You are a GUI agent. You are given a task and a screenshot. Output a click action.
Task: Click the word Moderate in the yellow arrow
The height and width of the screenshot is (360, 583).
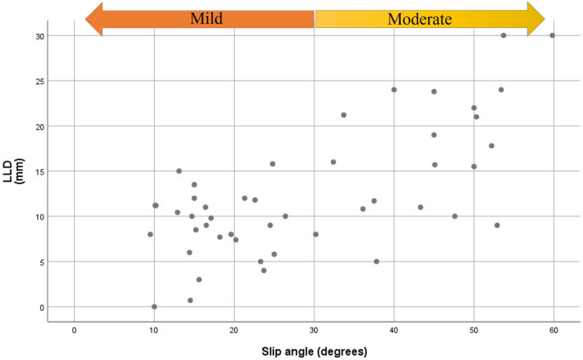[420, 19]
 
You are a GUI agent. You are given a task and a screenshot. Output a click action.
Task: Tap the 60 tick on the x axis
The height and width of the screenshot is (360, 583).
[553, 331]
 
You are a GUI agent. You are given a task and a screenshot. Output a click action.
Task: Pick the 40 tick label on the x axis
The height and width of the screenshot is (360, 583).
[393, 331]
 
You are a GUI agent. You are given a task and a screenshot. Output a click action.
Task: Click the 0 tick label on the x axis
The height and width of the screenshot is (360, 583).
[74, 331]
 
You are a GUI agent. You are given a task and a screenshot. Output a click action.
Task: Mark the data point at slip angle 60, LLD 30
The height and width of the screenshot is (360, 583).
[552, 36]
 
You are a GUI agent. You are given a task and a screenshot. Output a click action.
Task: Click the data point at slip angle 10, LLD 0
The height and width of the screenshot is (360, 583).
[154, 306]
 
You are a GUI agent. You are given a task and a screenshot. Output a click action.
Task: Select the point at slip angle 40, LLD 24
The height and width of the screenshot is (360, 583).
[394, 89]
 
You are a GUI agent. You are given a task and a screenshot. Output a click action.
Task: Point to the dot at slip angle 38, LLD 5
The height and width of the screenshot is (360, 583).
[376, 261]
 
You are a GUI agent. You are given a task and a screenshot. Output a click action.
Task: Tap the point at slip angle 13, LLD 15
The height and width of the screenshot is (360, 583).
[179, 171]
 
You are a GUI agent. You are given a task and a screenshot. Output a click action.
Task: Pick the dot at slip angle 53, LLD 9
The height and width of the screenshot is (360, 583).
[497, 226]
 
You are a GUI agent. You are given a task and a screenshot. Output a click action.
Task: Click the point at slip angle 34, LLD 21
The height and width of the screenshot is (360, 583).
[344, 115]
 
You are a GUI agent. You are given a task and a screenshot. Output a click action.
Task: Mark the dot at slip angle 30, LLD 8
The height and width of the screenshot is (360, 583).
[316, 234]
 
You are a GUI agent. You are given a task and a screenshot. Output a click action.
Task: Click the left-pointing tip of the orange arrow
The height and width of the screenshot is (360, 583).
[87, 19]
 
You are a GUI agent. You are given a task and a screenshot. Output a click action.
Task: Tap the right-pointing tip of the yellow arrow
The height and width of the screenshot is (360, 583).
[545, 19]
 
